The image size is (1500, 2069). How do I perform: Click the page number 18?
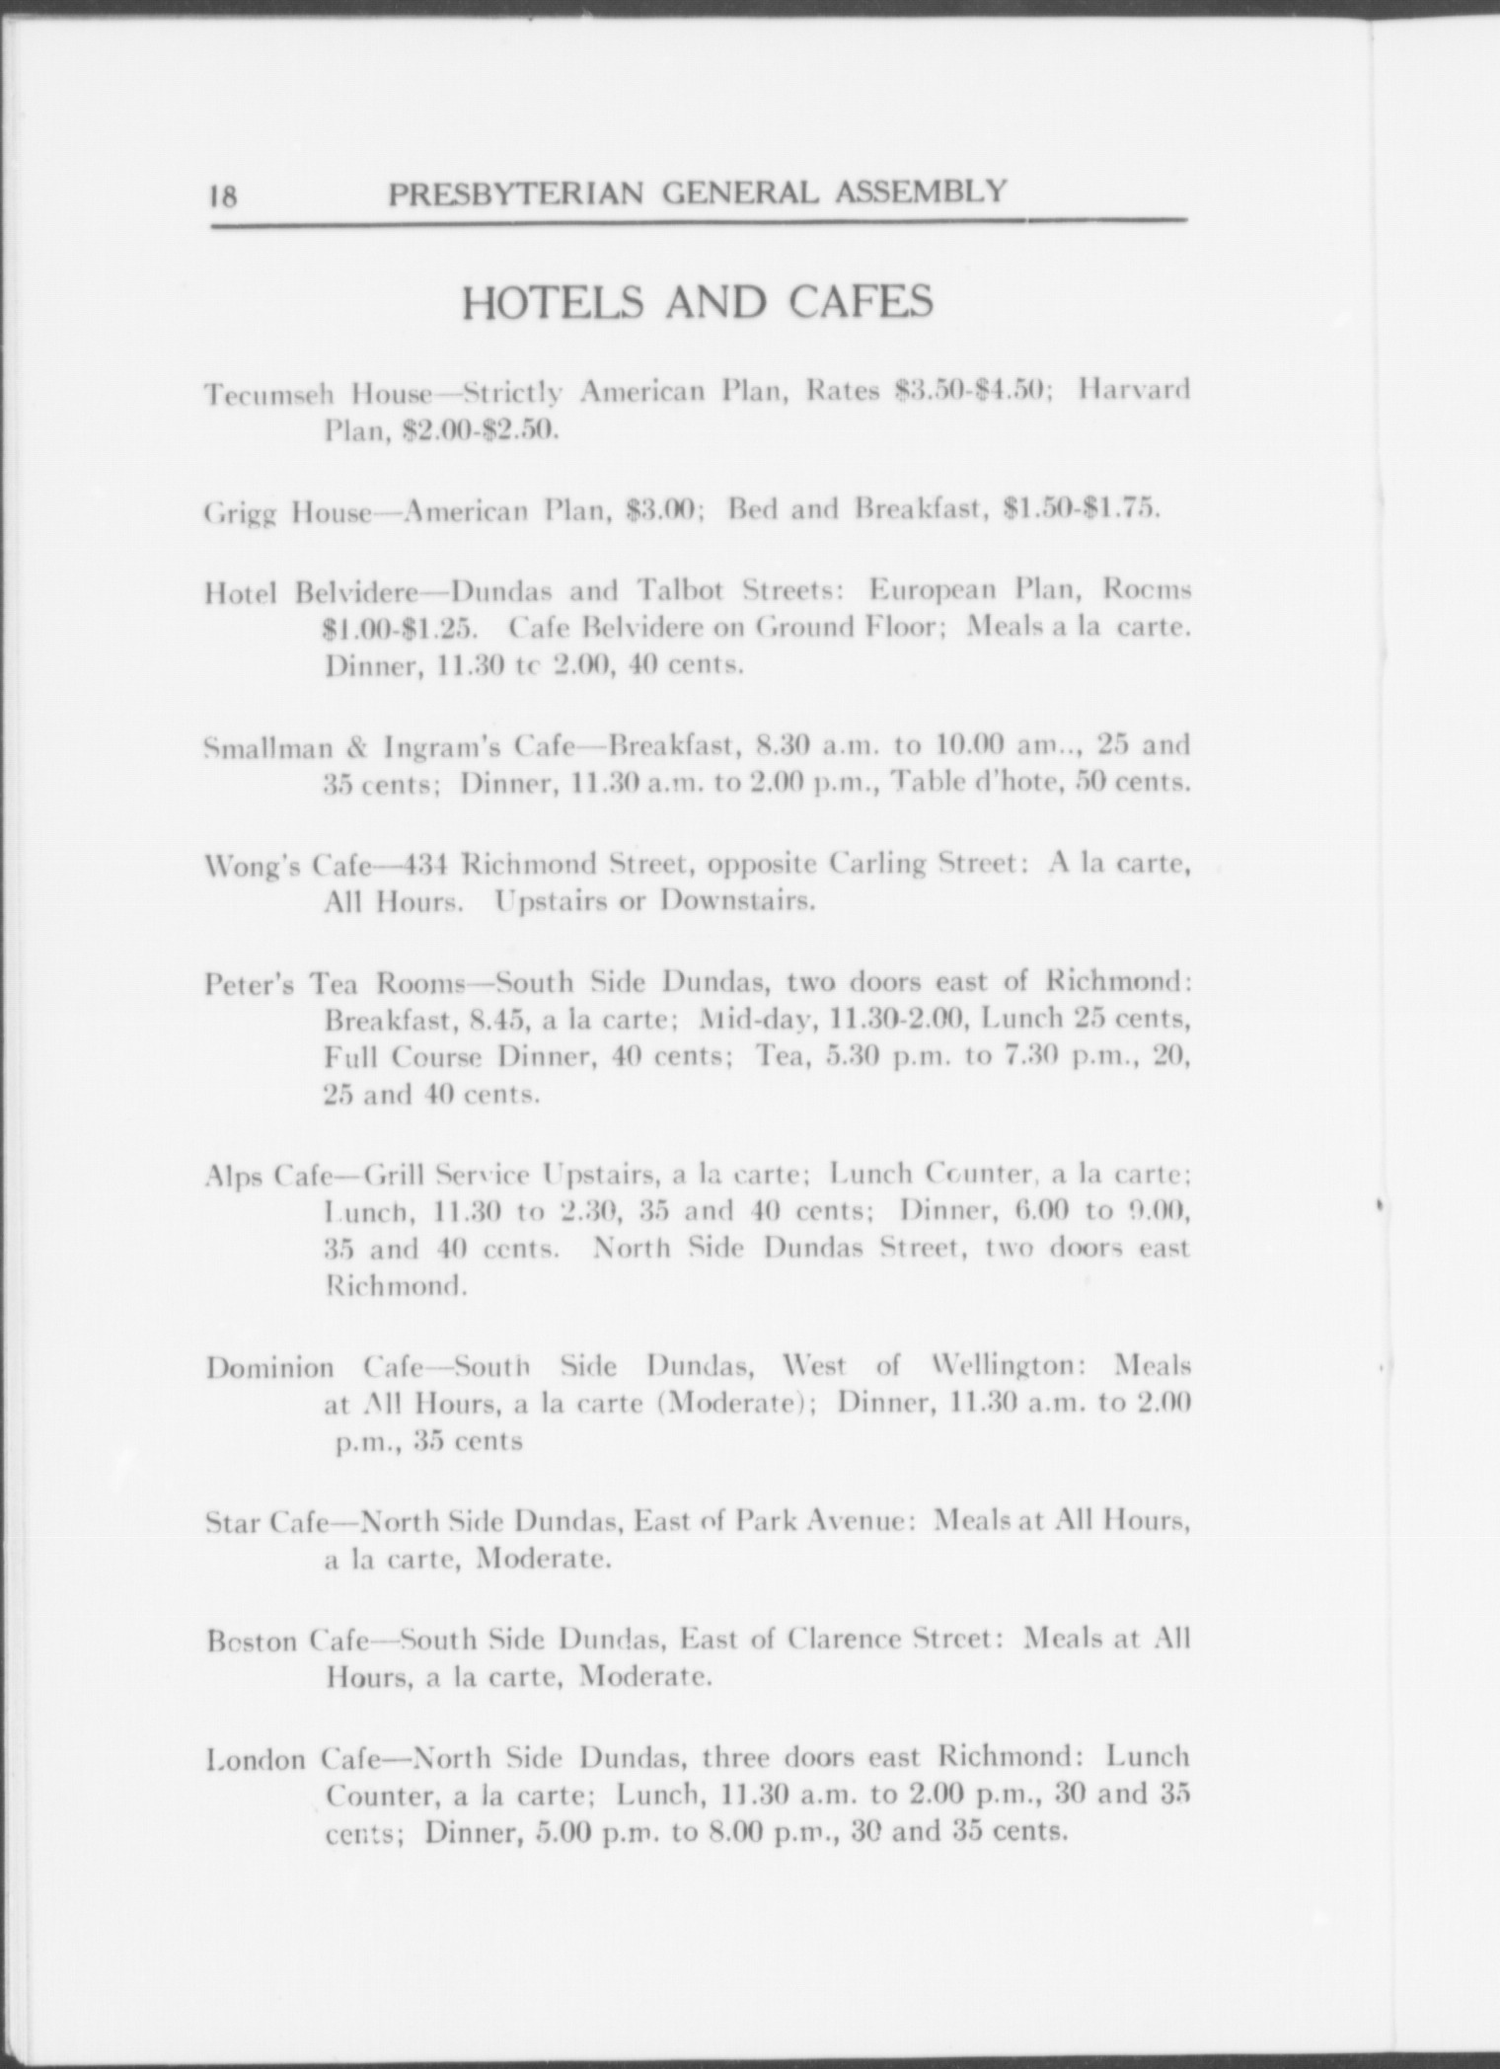click(223, 195)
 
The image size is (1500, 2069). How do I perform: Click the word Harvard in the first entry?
click(1134, 390)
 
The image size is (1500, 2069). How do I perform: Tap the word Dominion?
click(269, 1369)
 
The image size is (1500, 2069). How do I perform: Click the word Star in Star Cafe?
click(231, 1522)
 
